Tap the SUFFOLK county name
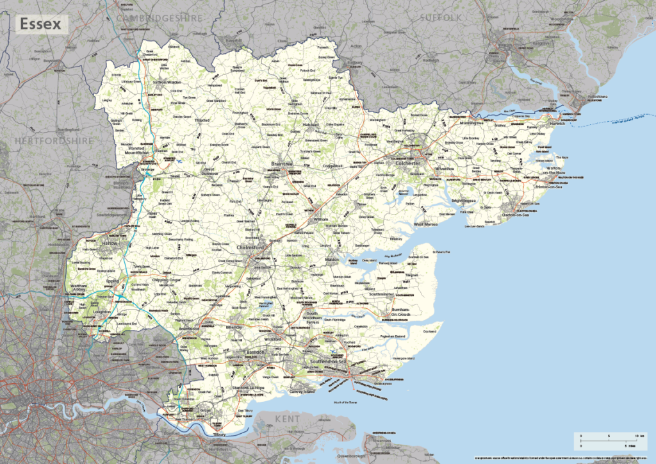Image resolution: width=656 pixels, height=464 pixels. click(x=441, y=18)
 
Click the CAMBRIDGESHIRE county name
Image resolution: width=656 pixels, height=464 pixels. click(x=160, y=19)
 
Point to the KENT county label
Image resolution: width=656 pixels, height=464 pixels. click(x=288, y=419)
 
